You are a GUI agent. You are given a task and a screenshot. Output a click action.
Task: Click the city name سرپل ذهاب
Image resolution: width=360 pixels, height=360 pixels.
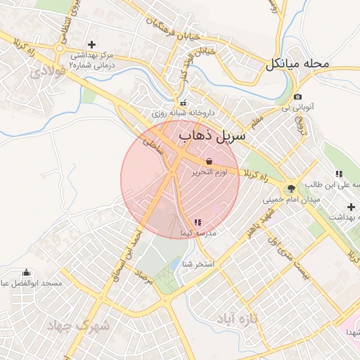[214, 136]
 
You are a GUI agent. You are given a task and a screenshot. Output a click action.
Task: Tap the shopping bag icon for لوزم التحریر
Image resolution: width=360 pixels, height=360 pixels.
[210, 161]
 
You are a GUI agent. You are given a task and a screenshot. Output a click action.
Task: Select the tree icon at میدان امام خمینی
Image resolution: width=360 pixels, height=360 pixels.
[290, 188]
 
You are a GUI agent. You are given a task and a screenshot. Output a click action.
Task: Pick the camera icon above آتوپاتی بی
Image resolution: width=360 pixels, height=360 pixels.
[298, 96]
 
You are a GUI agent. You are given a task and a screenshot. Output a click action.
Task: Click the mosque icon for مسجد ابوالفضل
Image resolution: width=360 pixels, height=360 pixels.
[27, 273]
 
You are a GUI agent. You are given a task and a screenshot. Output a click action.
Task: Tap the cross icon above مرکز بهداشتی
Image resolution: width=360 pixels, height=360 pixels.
[91, 44]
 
